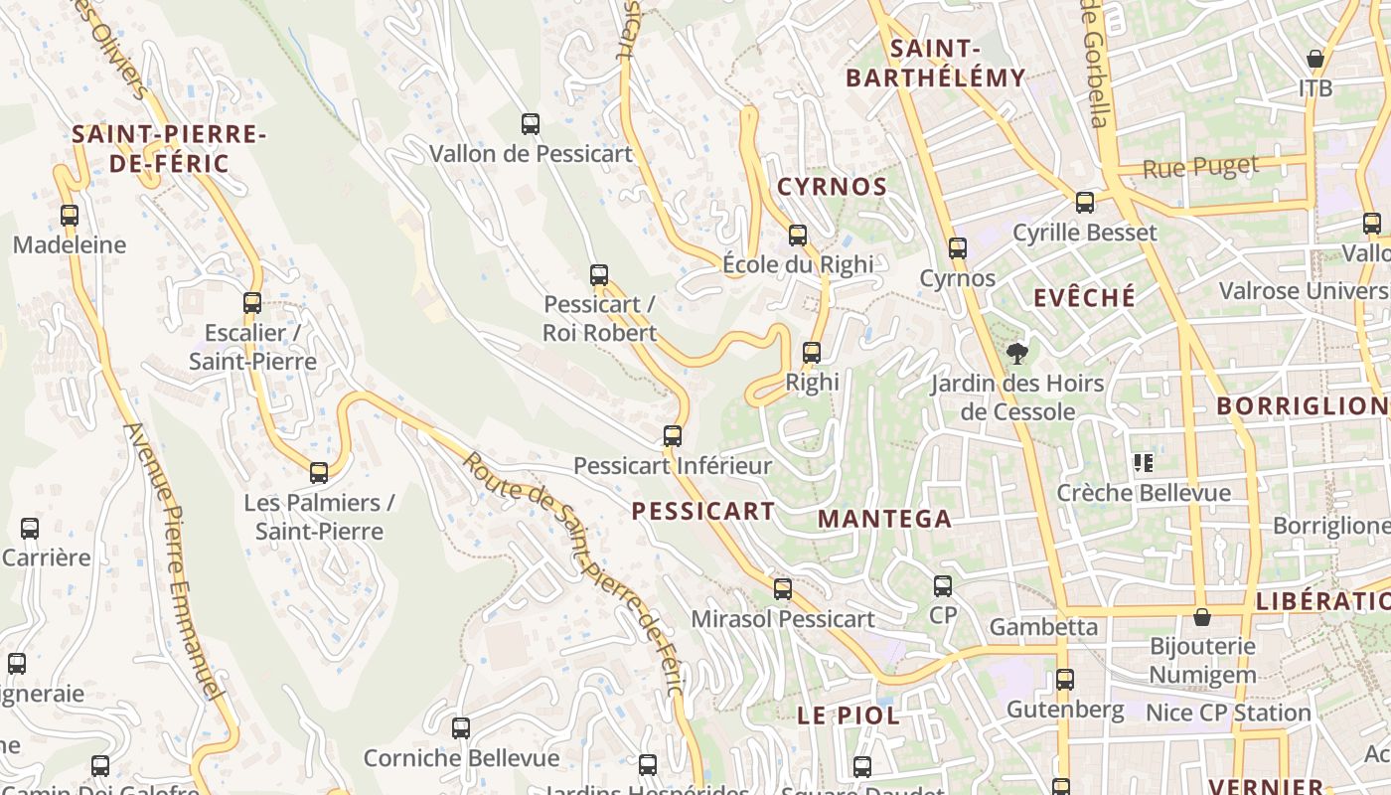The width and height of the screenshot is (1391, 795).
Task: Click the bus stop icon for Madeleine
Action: (69, 215)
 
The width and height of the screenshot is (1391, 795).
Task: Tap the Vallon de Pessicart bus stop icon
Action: (531, 124)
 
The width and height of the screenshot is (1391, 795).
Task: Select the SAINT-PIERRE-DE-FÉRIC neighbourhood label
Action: (169, 149)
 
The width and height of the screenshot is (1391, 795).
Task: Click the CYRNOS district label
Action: (833, 187)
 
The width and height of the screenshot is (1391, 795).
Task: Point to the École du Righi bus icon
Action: (798, 236)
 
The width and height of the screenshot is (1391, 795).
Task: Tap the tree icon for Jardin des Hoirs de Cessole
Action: (1016, 353)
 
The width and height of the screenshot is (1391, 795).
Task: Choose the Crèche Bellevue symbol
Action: (1144, 463)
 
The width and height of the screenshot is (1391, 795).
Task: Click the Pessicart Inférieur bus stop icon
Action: (673, 435)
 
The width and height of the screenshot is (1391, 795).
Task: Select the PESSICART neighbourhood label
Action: (703, 512)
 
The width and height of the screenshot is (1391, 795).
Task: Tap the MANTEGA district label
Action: (884, 519)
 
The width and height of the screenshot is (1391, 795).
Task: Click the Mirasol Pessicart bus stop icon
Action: (783, 589)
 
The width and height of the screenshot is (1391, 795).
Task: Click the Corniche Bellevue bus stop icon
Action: (461, 728)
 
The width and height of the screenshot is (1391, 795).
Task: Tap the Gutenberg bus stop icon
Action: (1065, 680)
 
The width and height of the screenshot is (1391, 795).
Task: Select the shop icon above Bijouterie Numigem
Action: (1202, 617)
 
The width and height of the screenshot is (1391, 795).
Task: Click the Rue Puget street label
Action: (1200, 167)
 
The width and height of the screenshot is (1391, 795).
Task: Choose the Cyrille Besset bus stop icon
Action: (1085, 203)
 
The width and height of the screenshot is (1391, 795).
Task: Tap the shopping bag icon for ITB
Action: (1315, 60)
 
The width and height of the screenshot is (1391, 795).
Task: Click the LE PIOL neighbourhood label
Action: (849, 715)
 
